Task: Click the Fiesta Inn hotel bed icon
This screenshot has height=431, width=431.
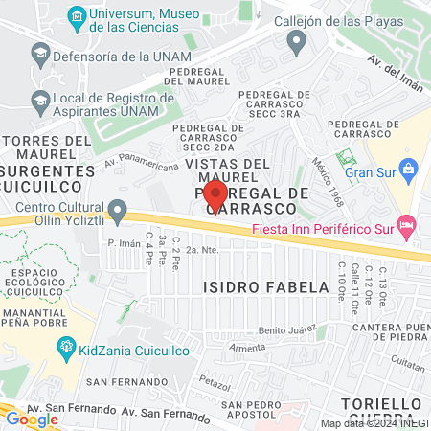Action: click(x=407, y=228)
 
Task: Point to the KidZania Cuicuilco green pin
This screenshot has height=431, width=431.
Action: click(x=66, y=346)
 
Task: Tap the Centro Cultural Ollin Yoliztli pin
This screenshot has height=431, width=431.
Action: click(x=118, y=208)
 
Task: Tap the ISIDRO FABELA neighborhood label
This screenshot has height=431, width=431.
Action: click(x=249, y=285)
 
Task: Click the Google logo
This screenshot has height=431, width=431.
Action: click(x=32, y=419)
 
